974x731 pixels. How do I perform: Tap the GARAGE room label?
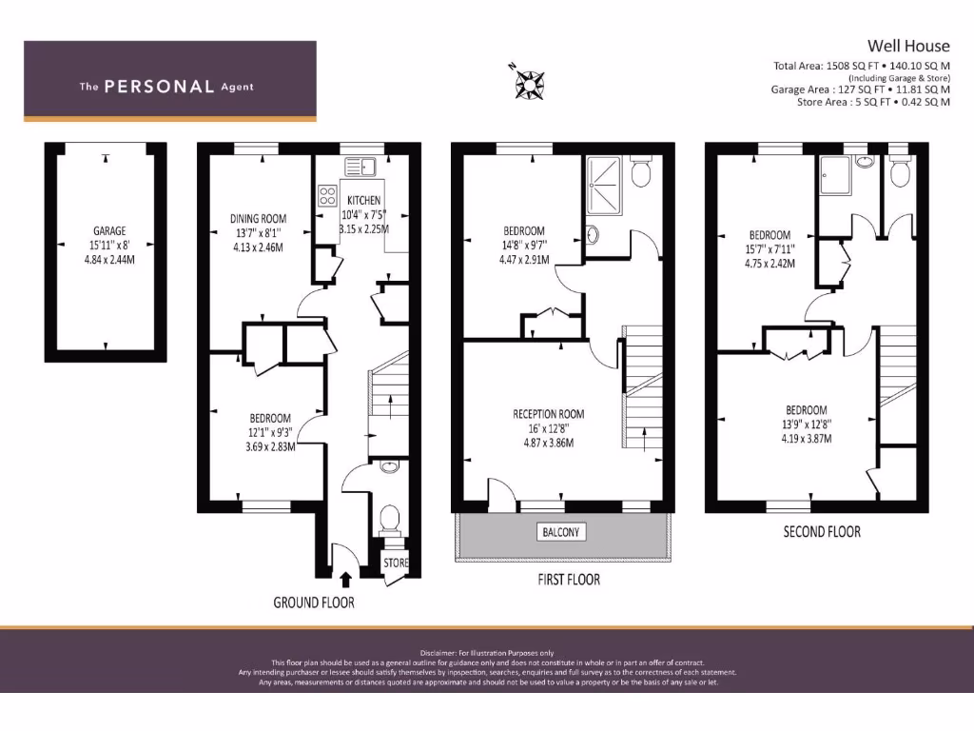[109, 231]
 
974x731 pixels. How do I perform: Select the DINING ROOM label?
[258, 219]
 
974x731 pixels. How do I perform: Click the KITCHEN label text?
[363, 201]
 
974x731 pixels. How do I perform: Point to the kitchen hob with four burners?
[327, 196]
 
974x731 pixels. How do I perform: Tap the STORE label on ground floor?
[396, 563]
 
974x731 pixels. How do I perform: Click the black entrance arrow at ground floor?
[344, 577]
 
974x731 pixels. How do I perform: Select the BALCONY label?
[561, 532]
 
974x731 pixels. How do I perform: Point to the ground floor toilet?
[389, 520]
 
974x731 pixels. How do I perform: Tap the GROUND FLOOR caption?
[314, 603]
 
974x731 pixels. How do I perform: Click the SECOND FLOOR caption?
[822, 531]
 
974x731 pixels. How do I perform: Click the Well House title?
[907, 45]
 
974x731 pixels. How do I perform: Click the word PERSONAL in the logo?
[159, 87]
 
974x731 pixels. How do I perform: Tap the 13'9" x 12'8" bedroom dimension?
[805, 425]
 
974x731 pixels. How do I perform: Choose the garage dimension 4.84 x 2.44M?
[109, 258]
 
